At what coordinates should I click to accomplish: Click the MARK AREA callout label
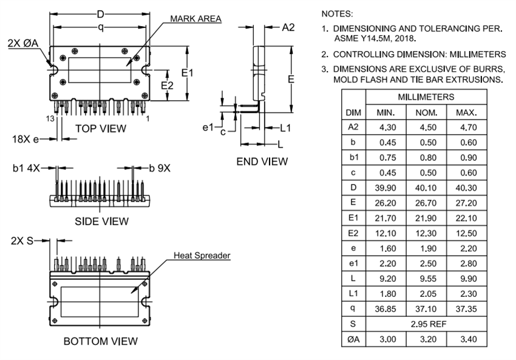point(195,19)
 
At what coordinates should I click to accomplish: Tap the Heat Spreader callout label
point(202,256)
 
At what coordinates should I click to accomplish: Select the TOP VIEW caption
point(101,128)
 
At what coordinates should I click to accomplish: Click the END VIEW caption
point(262,161)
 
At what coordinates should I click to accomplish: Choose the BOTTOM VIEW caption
point(101,341)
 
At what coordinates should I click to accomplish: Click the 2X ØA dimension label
point(24,43)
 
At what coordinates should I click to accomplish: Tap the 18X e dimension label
point(25,139)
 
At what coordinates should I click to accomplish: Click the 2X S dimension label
point(22,240)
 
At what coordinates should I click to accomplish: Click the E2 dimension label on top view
point(167,86)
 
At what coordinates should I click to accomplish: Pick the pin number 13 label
point(51,118)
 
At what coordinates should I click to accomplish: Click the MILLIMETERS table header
point(426,97)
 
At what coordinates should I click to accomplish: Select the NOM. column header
point(426,113)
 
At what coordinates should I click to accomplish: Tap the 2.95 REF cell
point(426,324)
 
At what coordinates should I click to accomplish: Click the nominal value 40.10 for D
point(426,187)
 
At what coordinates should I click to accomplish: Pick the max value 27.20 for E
point(466,202)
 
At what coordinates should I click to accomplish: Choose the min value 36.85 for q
point(386,309)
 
